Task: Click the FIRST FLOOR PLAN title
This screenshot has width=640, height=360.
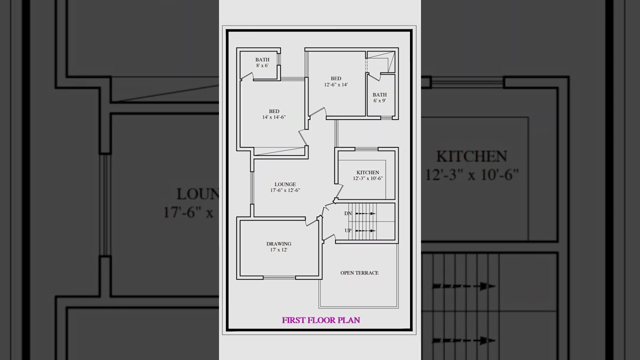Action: click(x=320, y=320)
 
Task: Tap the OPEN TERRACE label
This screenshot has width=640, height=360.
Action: click(x=359, y=273)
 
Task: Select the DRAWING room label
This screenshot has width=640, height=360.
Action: click(x=278, y=244)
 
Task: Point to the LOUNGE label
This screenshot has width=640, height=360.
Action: click(x=285, y=184)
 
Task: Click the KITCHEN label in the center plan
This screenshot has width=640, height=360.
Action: click(x=367, y=172)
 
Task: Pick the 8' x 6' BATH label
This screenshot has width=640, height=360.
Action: click(x=262, y=60)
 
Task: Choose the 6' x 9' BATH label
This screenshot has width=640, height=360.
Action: click(x=379, y=94)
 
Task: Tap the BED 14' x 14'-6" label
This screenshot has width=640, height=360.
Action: click(x=274, y=111)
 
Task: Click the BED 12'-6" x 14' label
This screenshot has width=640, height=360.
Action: click(x=336, y=78)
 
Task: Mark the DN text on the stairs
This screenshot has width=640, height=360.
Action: click(x=348, y=213)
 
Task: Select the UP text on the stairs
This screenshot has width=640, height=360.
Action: click(x=348, y=230)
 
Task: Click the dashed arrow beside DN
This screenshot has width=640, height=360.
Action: click(x=365, y=213)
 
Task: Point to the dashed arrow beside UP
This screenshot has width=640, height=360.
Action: click(x=365, y=230)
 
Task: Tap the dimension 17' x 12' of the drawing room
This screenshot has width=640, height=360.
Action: click(x=278, y=249)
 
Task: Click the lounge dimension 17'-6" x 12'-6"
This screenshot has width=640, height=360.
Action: click(x=285, y=190)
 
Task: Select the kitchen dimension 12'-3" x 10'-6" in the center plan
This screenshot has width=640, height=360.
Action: click(x=367, y=178)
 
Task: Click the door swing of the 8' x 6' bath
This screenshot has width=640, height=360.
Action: click(x=247, y=76)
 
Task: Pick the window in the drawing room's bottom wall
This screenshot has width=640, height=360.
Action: click(x=278, y=277)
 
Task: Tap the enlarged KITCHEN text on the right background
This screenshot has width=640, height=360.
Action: click(x=471, y=156)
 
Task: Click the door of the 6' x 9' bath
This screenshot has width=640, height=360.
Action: click(x=374, y=76)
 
